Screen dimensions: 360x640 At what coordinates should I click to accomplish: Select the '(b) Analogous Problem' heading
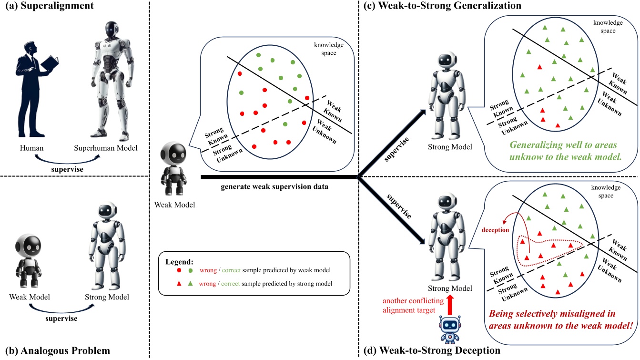click(55, 351)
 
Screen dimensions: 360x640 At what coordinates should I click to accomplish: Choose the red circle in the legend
click(180, 270)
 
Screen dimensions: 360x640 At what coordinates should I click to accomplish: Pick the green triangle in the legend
click(191, 284)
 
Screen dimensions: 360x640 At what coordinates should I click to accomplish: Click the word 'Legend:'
click(179, 261)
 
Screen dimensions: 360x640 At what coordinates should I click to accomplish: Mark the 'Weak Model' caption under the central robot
click(171, 204)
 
